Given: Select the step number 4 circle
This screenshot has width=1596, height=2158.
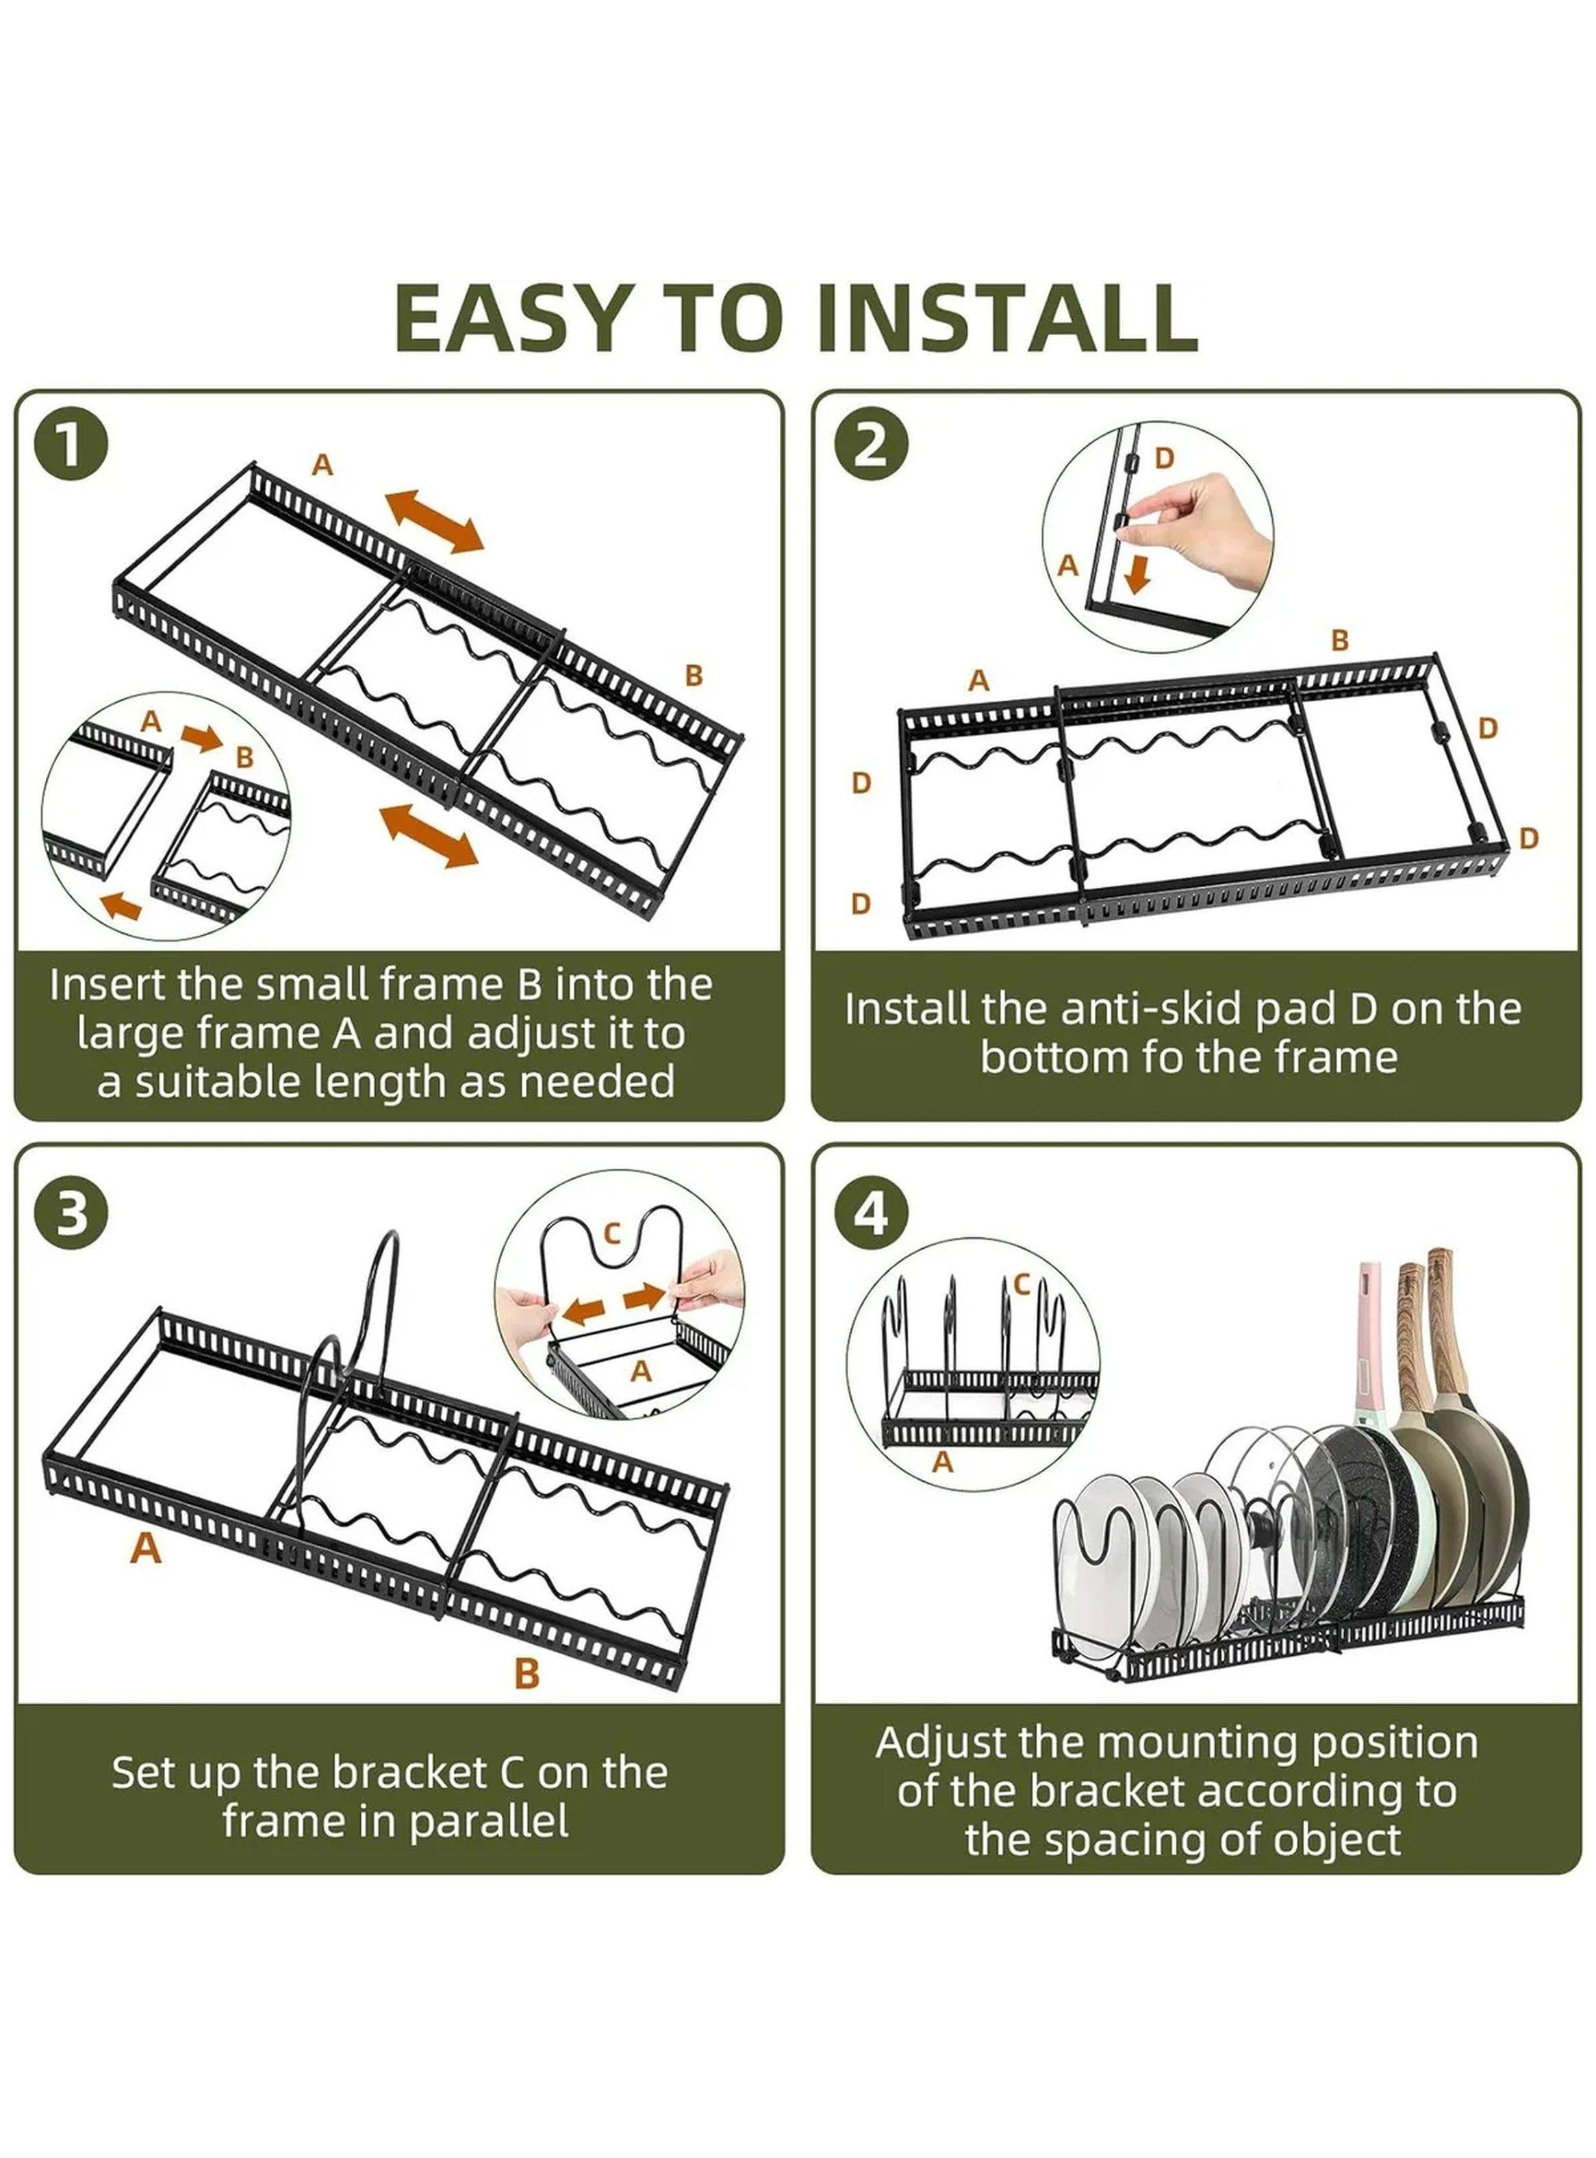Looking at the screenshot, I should [x=872, y=1215].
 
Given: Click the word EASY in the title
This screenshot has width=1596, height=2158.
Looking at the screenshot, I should [x=522, y=319].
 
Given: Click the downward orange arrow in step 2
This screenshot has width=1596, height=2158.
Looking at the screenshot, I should [x=1139, y=573].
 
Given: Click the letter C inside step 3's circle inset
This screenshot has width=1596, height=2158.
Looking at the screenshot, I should [x=611, y=1234].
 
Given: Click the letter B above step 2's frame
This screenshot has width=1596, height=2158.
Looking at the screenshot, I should [x=1339, y=640].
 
